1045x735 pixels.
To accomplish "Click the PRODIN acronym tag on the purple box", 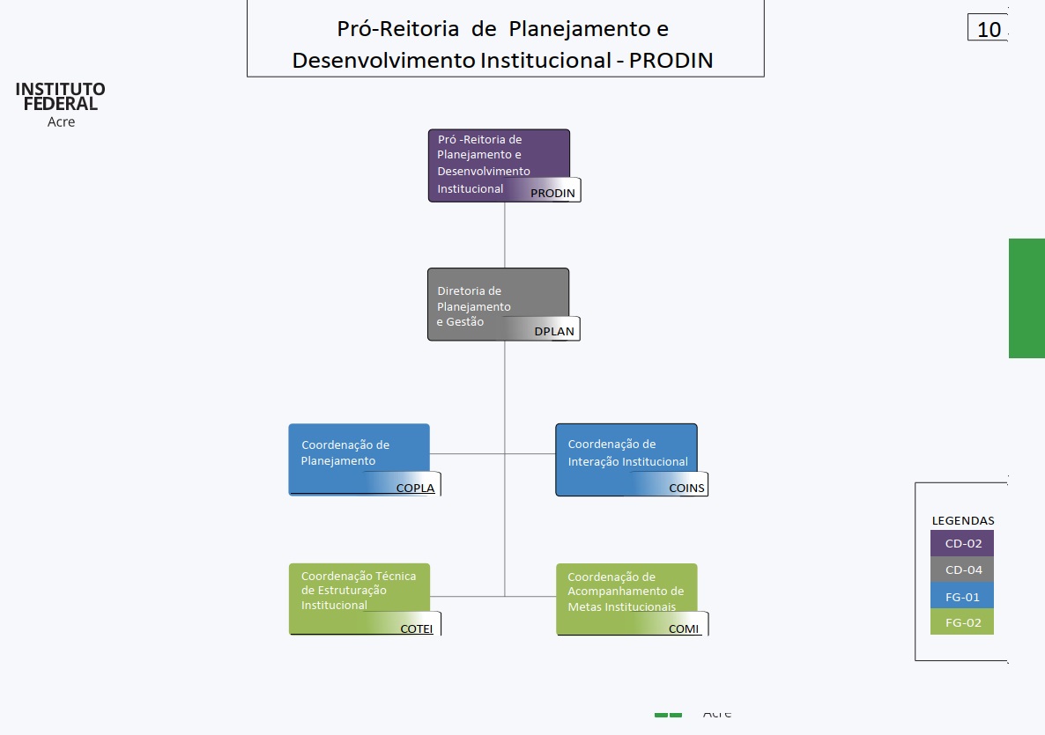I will [553, 193].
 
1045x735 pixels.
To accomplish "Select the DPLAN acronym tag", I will [553, 331].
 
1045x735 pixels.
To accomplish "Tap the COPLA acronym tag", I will [415, 488].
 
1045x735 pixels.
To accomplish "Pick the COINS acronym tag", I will [686, 488].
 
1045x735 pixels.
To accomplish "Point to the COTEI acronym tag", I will [416, 628].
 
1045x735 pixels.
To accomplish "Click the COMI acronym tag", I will [684, 628].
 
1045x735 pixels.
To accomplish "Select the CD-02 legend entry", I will [962, 544].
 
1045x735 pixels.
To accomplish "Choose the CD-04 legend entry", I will [962, 570].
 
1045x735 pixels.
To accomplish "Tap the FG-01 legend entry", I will [962, 596].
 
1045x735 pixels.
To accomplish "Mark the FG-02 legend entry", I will [962, 622].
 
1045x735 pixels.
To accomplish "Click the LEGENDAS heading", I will [963, 520].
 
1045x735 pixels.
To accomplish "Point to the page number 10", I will [989, 29].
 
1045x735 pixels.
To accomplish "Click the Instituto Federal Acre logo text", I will [61, 103].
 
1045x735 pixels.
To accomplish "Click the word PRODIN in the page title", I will [671, 60].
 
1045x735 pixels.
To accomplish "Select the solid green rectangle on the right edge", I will [1026, 298].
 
